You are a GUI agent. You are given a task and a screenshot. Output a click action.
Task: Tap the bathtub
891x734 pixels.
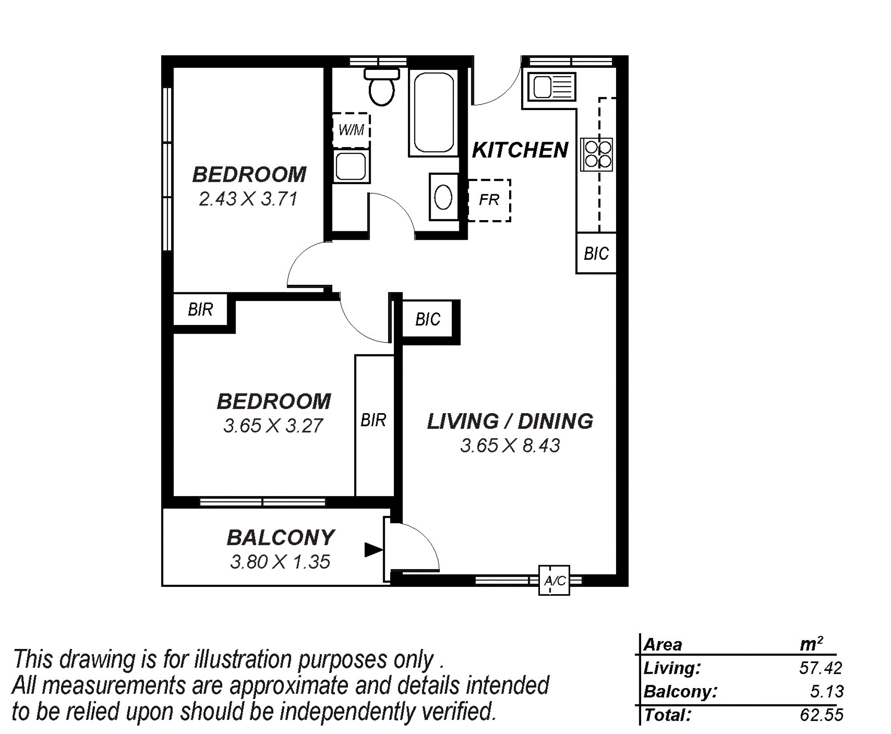coord(433,112)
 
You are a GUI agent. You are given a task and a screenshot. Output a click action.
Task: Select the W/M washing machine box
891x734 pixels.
coord(351,130)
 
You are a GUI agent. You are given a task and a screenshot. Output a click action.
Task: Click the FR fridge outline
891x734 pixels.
coord(489,200)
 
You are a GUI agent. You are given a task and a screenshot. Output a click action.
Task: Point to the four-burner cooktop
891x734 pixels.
coord(597,154)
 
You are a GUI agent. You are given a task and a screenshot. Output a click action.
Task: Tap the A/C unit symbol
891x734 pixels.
coord(554,580)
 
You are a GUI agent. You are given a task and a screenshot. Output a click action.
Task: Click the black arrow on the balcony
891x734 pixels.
coord(374,549)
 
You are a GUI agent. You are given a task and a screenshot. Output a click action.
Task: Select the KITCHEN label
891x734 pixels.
coord(520,150)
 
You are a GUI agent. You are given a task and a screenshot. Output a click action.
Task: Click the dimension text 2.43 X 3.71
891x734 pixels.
coord(248,199)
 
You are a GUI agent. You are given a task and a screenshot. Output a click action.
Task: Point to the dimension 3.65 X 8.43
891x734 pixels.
coord(510,445)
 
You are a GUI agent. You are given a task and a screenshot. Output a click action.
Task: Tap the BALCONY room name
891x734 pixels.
coord(281,537)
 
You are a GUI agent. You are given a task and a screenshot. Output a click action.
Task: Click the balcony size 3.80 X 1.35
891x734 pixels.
coord(280,562)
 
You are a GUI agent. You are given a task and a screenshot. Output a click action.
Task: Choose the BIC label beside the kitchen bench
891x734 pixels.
coord(596,254)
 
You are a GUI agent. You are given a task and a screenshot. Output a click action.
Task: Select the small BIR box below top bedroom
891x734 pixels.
coord(200,309)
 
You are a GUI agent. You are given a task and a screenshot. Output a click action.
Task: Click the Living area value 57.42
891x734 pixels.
coord(821,668)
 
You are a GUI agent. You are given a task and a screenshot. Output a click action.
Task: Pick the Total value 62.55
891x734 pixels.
coord(822,715)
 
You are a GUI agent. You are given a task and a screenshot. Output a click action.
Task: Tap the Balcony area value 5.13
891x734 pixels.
coord(827,691)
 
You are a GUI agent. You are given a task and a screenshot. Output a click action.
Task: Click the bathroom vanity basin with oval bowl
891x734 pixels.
coord(444,197)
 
